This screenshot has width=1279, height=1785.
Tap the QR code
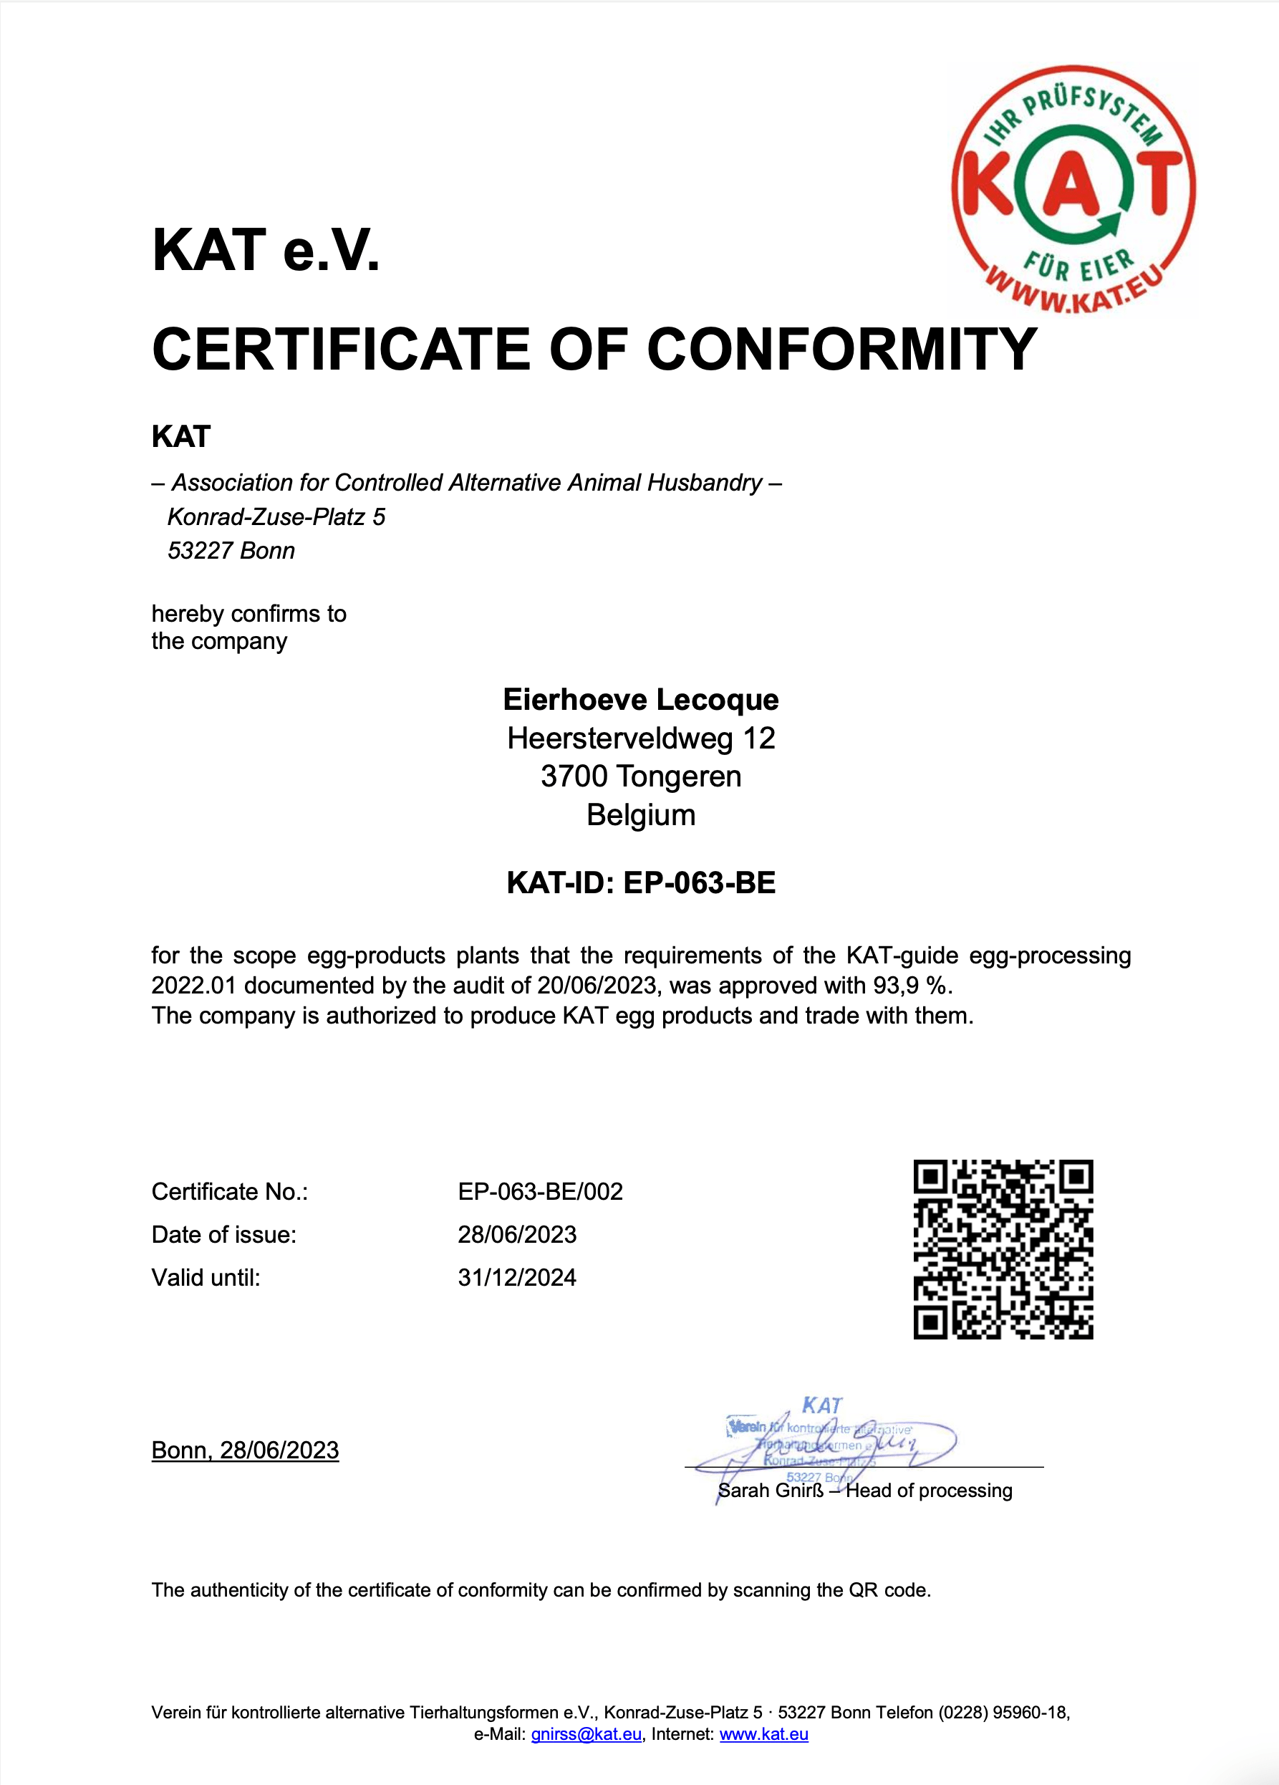[x=1003, y=1249]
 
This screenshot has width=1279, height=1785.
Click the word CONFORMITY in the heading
[x=841, y=350]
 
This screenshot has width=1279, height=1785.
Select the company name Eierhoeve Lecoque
[x=641, y=700]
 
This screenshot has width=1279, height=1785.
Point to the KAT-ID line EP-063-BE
[x=641, y=883]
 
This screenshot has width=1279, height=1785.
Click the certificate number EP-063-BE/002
[x=540, y=1192]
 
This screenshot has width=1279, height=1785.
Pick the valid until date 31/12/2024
[x=517, y=1277]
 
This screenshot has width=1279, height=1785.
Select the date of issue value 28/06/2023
[x=517, y=1234]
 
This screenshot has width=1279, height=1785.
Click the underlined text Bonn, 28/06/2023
[x=245, y=1450]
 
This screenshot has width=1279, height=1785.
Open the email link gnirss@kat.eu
[x=586, y=1734]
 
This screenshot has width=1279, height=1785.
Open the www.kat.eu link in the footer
[x=763, y=1734]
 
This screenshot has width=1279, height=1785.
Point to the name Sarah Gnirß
[x=771, y=1491]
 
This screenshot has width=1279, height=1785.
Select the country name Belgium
[x=641, y=815]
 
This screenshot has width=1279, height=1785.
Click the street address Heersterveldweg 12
[x=641, y=738]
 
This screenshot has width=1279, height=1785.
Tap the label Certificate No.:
[x=229, y=1192]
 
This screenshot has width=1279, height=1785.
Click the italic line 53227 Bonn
[x=231, y=551]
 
